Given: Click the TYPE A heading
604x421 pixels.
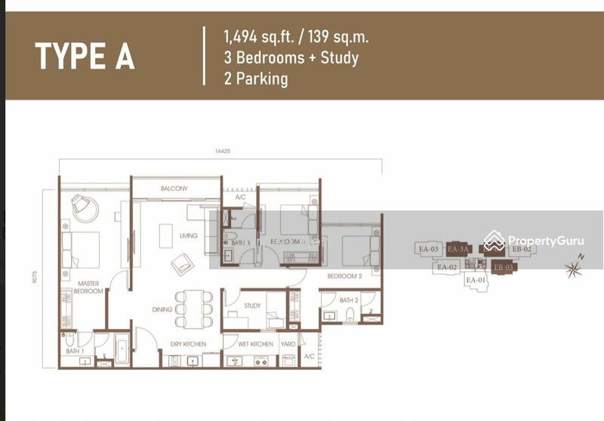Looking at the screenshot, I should point(85,57).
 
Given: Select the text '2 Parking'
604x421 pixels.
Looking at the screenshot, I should point(256,78).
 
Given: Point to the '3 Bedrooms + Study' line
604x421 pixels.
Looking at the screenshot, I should point(291,57).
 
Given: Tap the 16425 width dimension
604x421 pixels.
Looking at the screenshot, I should point(221,152).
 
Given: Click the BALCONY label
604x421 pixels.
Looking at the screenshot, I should point(174,189).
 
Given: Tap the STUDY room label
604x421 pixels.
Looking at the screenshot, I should point(252,306).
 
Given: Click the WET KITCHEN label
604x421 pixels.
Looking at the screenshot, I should point(255,344).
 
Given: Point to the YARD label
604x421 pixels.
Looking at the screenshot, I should point(287,344).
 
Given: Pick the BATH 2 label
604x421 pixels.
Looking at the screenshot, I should point(348,300).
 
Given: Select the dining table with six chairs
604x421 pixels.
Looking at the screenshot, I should point(194,309).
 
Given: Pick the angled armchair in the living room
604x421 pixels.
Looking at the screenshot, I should point(182,264).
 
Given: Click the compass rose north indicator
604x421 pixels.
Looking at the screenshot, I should point(574,267).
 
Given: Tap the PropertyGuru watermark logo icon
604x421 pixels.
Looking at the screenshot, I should point(495,241).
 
